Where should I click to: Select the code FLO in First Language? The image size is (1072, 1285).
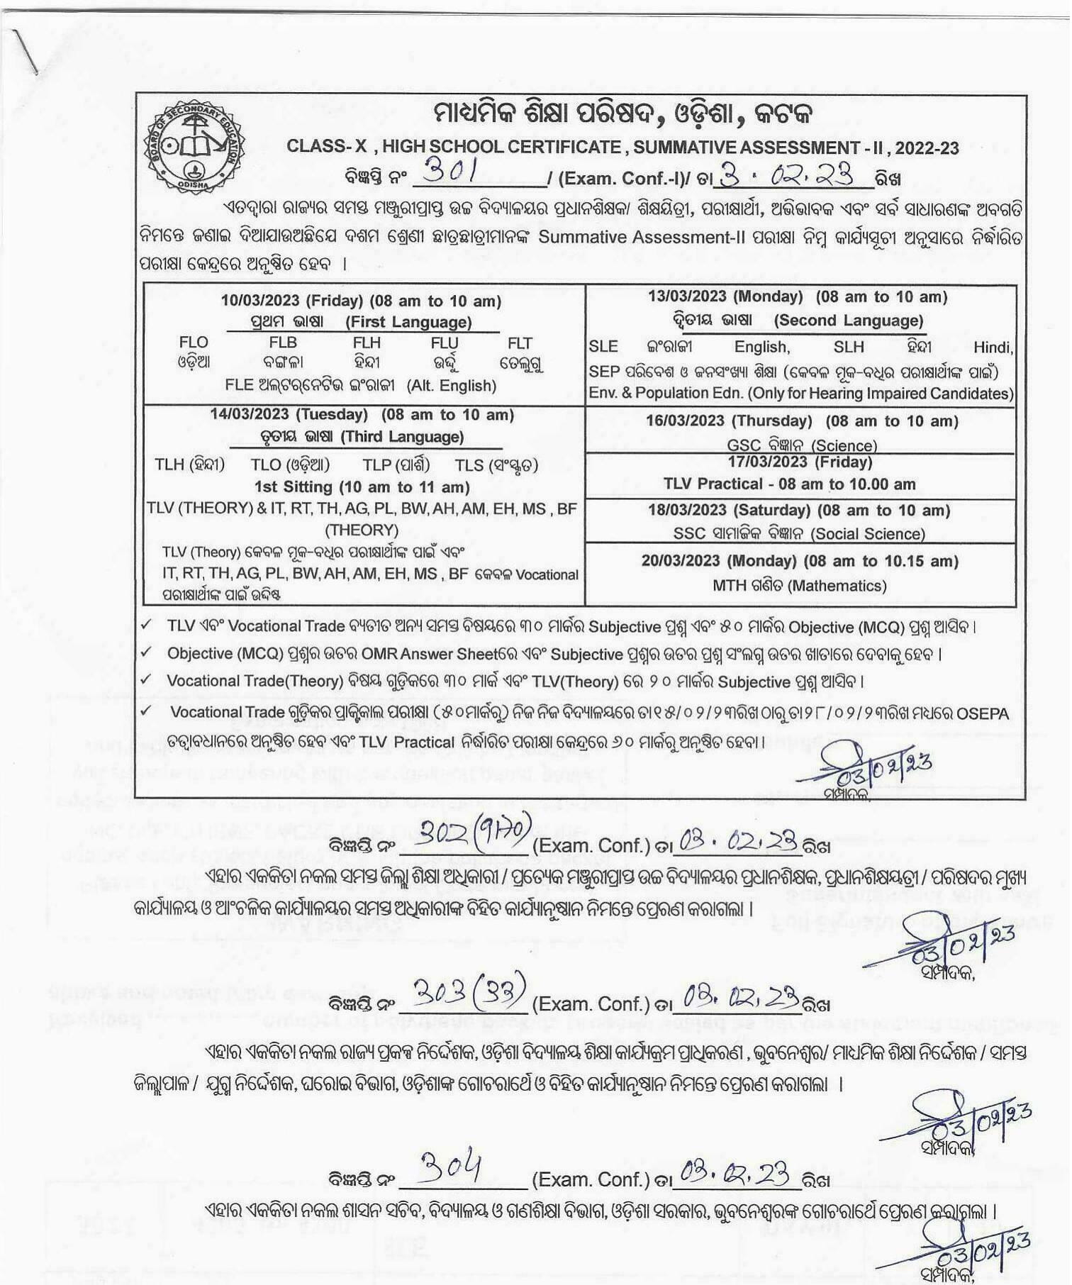(x=194, y=343)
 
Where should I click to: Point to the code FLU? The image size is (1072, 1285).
(x=445, y=343)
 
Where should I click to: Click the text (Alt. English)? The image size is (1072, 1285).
(x=451, y=386)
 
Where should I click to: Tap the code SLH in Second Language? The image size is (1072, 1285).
(x=849, y=347)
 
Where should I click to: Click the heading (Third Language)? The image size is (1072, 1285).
(x=402, y=437)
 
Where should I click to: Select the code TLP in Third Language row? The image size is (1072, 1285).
(x=377, y=465)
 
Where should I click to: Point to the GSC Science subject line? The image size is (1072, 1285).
(x=802, y=445)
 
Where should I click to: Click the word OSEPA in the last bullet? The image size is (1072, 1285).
(x=982, y=713)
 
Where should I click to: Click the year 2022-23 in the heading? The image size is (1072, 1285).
(x=927, y=148)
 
